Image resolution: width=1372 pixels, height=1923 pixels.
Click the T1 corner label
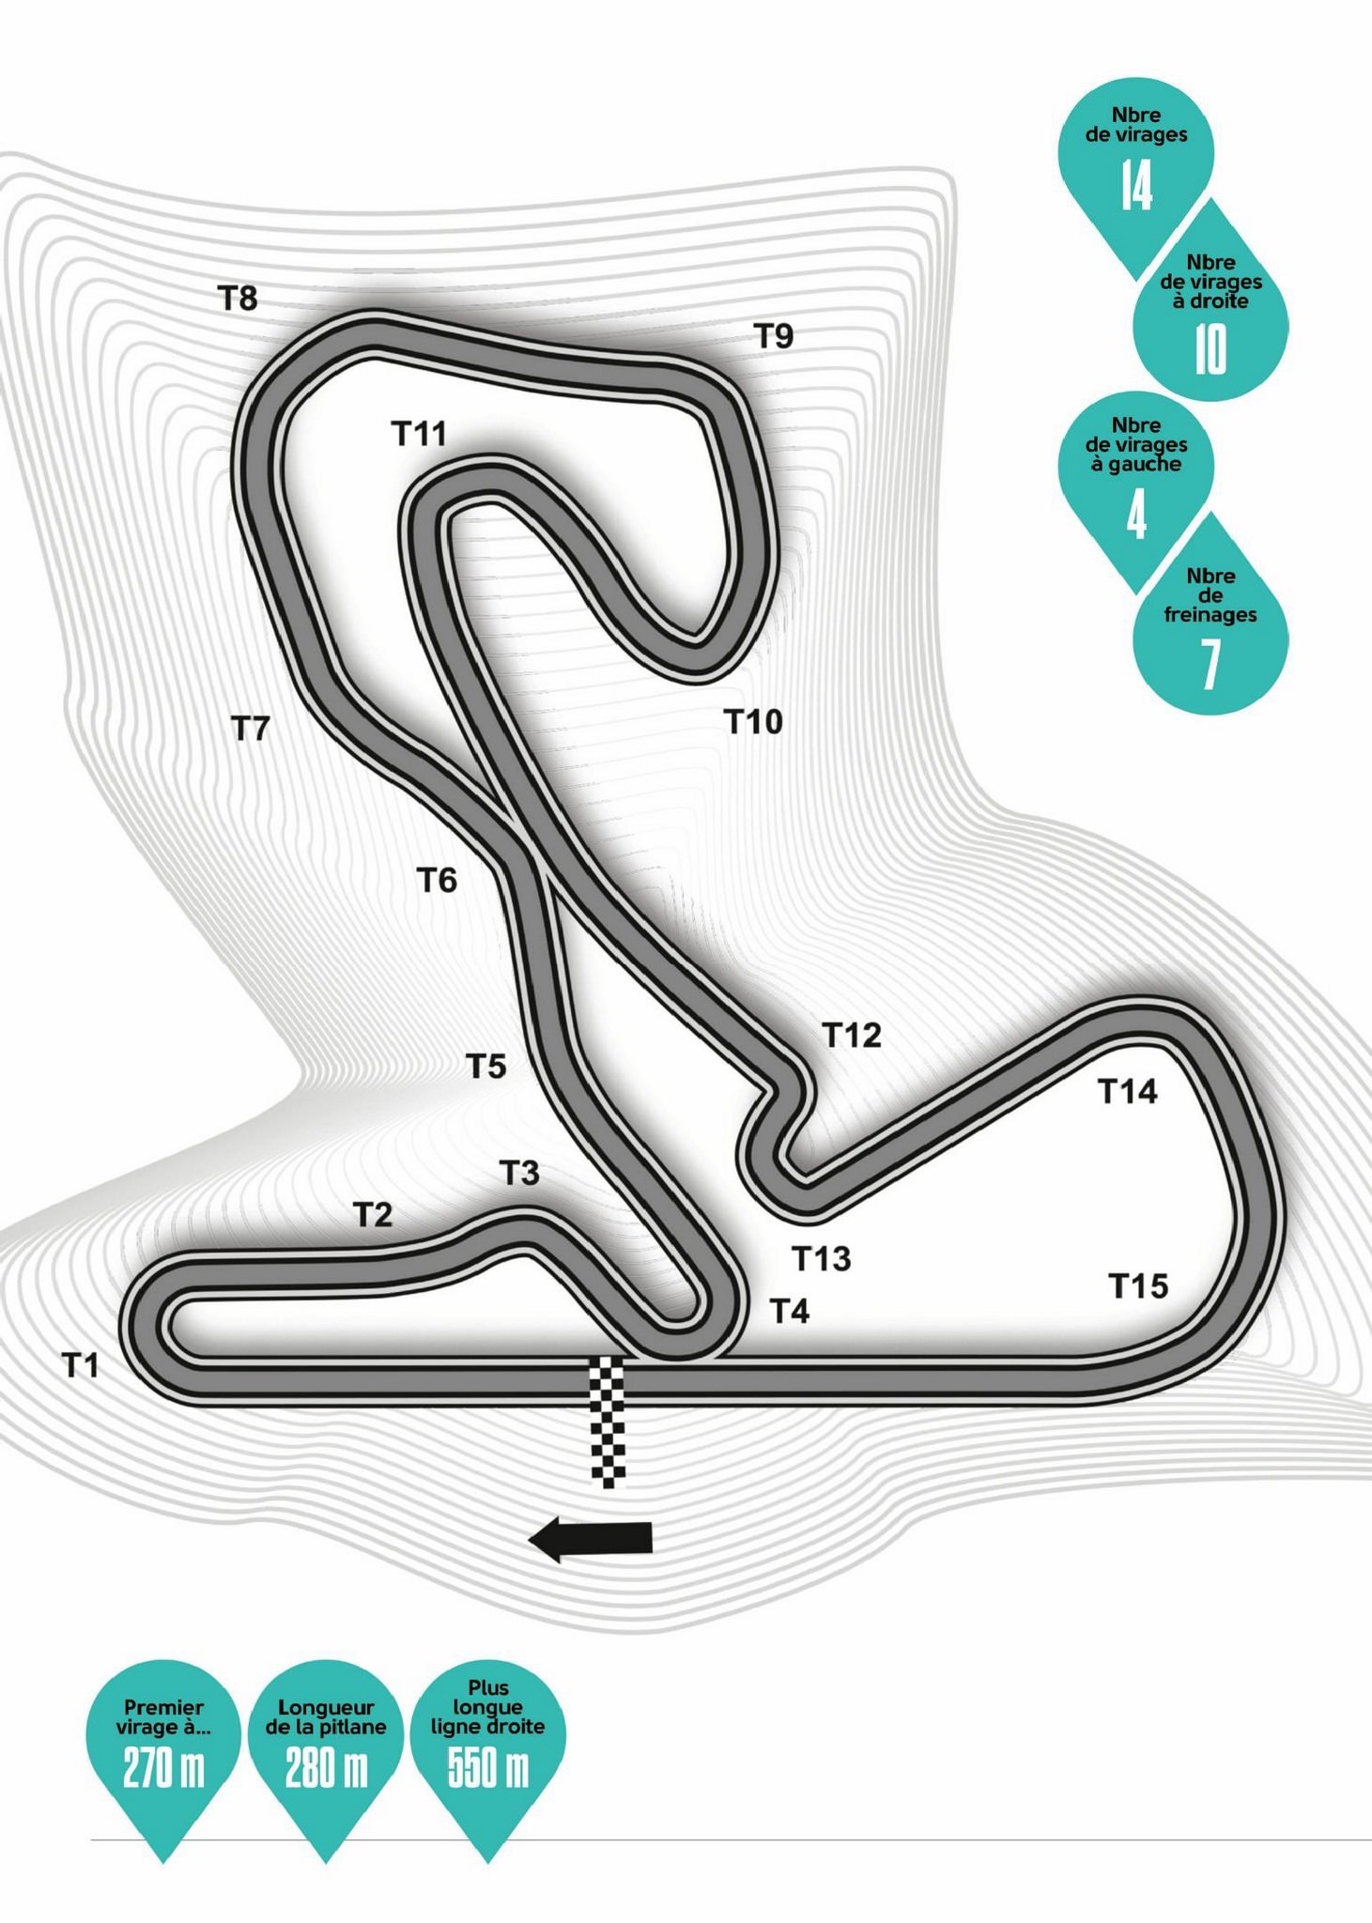click(x=81, y=1364)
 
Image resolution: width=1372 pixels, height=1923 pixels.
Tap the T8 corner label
click(x=238, y=299)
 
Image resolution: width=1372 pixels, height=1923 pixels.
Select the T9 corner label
click(x=775, y=335)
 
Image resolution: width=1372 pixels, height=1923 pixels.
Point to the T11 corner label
click(x=419, y=434)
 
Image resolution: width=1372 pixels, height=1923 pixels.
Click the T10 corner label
click(x=753, y=722)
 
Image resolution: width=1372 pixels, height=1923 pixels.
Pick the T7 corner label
click(x=251, y=728)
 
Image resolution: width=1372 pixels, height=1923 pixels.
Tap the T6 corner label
click(x=437, y=881)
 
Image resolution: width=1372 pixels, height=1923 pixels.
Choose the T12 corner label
click(x=852, y=1035)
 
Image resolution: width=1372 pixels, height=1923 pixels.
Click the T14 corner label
click(x=1128, y=1091)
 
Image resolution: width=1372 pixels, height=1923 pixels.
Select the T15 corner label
click(x=1139, y=1286)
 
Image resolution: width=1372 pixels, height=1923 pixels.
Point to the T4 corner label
click(x=790, y=1311)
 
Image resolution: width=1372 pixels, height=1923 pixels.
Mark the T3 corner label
click(x=519, y=1174)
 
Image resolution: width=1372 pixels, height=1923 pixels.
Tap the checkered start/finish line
click(x=607, y=1422)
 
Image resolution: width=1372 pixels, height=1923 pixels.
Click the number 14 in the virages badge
click(x=1136, y=184)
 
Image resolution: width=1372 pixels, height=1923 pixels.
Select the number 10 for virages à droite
click(x=1210, y=349)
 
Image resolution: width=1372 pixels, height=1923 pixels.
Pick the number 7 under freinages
click(x=1210, y=664)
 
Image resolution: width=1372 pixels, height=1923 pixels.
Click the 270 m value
click(x=163, y=1769)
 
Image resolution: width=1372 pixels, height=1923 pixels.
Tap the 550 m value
click(x=488, y=1769)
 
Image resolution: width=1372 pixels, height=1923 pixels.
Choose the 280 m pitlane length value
click(x=326, y=1769)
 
